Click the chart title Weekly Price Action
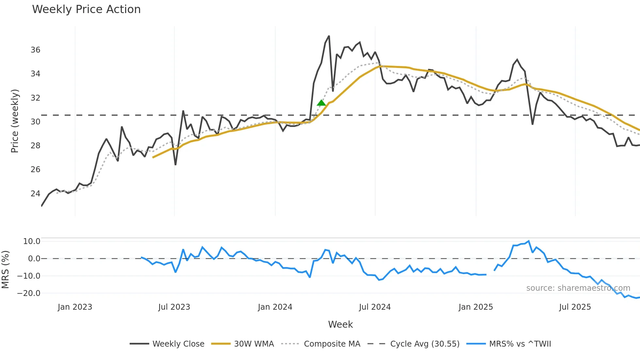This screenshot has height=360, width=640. pos(86,9)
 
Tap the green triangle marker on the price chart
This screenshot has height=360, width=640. pos(321,103)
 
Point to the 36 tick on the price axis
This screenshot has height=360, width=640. pos(35,50)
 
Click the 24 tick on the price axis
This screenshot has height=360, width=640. pos(35,194)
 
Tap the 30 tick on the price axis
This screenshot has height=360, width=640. pos(35,122)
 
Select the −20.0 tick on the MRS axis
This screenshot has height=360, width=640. pos(29,293)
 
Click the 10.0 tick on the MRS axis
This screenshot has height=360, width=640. pos(32,241)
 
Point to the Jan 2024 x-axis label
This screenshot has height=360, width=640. pos(275,307)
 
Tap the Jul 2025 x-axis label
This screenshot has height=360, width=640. pos(575,307)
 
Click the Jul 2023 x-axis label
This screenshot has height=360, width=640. pos(174,307)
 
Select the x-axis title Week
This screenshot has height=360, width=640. pos(340,324)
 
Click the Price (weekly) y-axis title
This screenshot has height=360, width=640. pos(15,121)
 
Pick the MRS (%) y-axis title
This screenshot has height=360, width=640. pos(5,270)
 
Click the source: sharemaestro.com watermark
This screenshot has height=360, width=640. pos(578,288)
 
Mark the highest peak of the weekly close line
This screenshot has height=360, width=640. pos(329,36)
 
